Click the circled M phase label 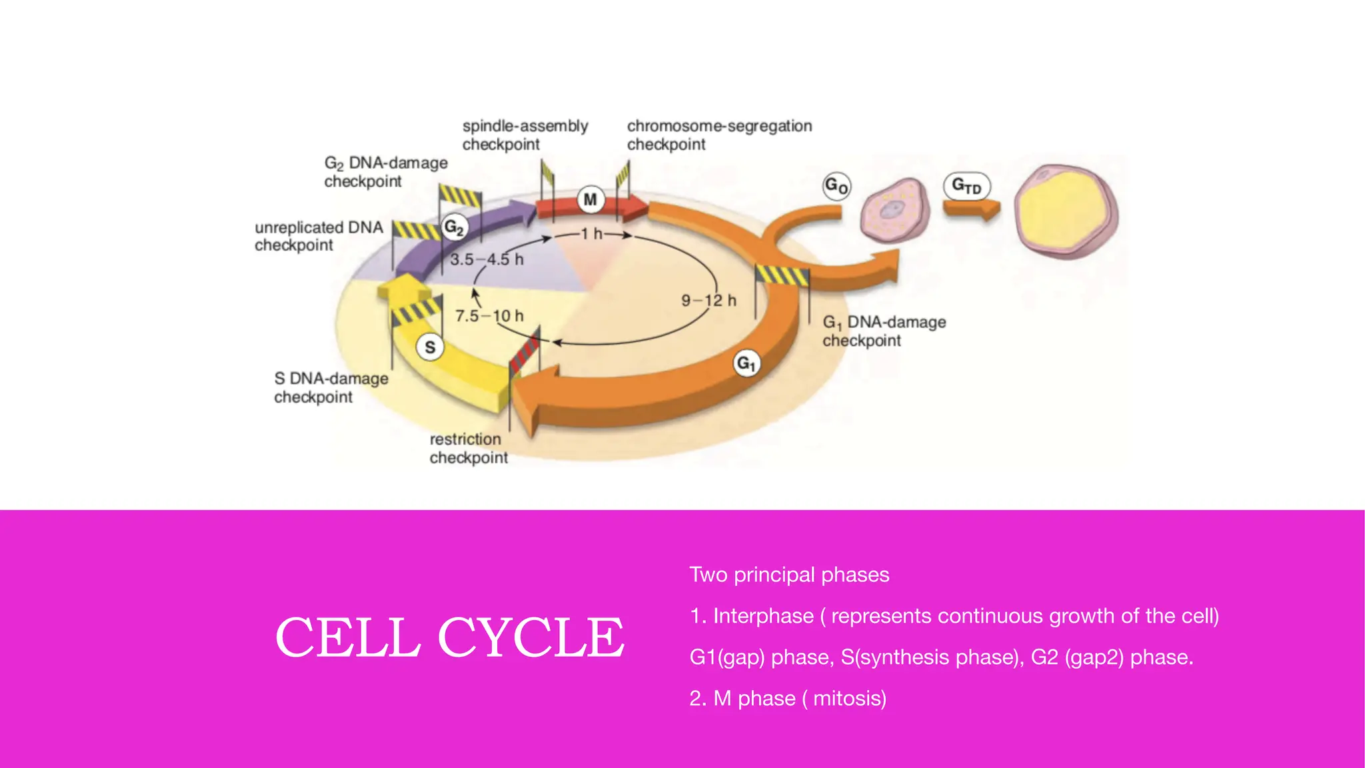[590, 199]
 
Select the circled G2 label [454, 228]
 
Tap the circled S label [430, 347]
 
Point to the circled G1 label [746, 364]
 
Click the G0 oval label [837, 186]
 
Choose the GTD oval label [966, 186]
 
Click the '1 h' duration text [591, 234]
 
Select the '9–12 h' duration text [708, 301]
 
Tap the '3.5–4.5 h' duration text [487, 259]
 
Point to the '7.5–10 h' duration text [489, 315]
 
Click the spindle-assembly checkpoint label [525, 135]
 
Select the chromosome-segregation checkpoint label [719, 135]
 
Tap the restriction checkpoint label [468, 449]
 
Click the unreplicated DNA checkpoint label [319, 236]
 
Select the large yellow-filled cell [1066, 213]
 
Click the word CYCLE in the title [531, 637]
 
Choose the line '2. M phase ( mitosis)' [788, 699]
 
